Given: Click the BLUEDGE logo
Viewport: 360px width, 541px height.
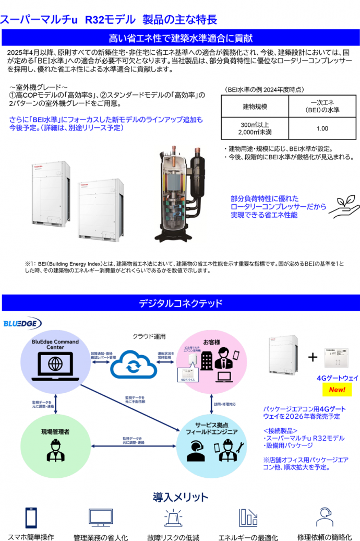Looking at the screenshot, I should tap(22, 324).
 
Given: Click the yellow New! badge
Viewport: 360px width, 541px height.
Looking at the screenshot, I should tap(337, 390).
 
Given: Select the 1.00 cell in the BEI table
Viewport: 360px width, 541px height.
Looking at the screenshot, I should tap(322, 128).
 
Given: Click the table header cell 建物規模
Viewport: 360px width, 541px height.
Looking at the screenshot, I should tap(255, 107).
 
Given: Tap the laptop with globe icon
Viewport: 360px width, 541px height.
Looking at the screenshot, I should tap(55, 363).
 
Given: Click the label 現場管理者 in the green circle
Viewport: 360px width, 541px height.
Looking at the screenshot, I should tap(55, 432).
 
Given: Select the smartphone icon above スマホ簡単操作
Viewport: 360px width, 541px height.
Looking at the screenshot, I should tap(31, 517).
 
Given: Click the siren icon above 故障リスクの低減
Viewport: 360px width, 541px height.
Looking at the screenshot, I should tap(173, 517).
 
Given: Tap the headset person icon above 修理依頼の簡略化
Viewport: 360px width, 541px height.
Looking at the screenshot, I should tap(324, 517).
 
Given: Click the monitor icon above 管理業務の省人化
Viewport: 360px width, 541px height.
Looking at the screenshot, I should tap(100, 517).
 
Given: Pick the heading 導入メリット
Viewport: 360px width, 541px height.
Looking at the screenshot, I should tap(180, 497).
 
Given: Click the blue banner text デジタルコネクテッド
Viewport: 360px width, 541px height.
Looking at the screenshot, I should tap(180, 303).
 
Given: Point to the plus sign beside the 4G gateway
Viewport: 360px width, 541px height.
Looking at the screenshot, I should tap(313, 357).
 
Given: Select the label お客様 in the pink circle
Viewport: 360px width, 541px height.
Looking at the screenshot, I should tap(211, 342).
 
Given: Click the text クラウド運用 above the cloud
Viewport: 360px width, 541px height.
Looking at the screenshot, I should tap(149, 336).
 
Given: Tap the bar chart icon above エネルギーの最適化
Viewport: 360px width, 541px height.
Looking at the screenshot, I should tap(248, 517).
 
